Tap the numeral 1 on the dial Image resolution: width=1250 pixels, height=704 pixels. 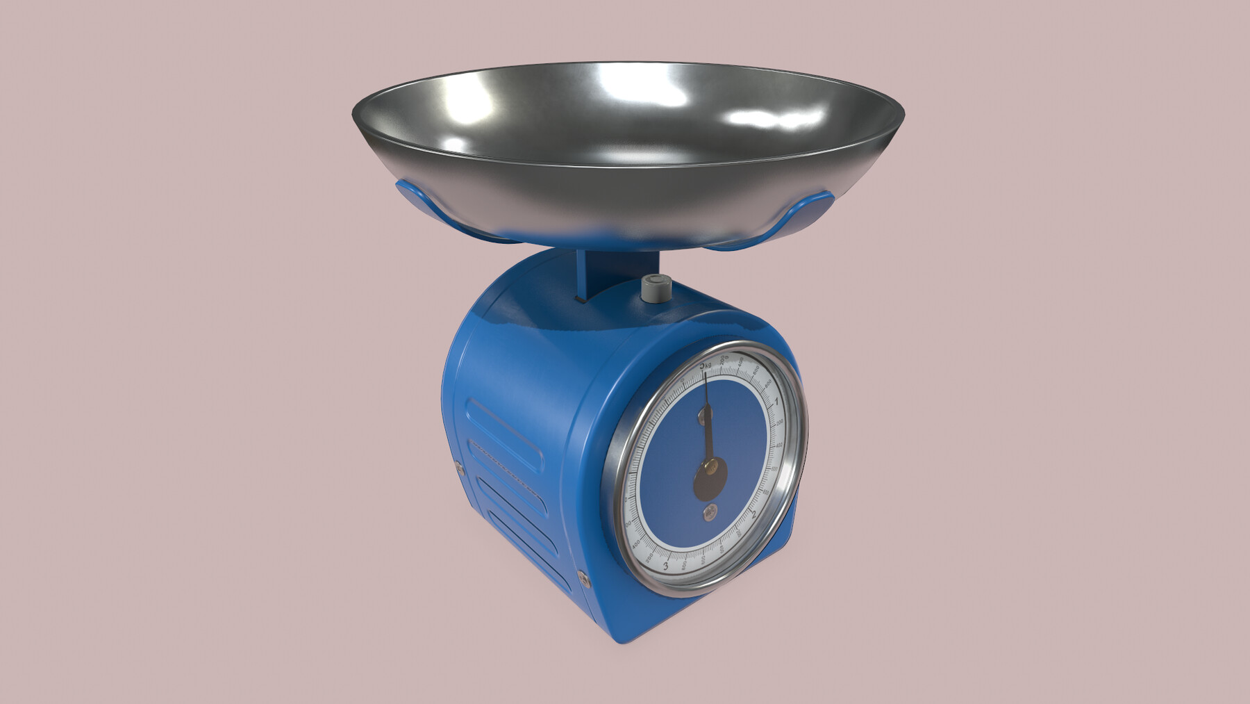(x=776, y=401)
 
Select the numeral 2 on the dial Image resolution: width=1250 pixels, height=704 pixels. (x=753, y=515)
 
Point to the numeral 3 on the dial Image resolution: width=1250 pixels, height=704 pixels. (x=666, y=566)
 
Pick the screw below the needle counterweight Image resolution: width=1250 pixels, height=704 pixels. (x=709, y=514)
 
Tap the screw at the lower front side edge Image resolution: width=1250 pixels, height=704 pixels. (x=583, y=576)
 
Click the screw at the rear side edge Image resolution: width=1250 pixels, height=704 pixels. (x=458, y=468)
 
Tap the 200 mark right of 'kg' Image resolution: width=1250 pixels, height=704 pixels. (x=724, y=359)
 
